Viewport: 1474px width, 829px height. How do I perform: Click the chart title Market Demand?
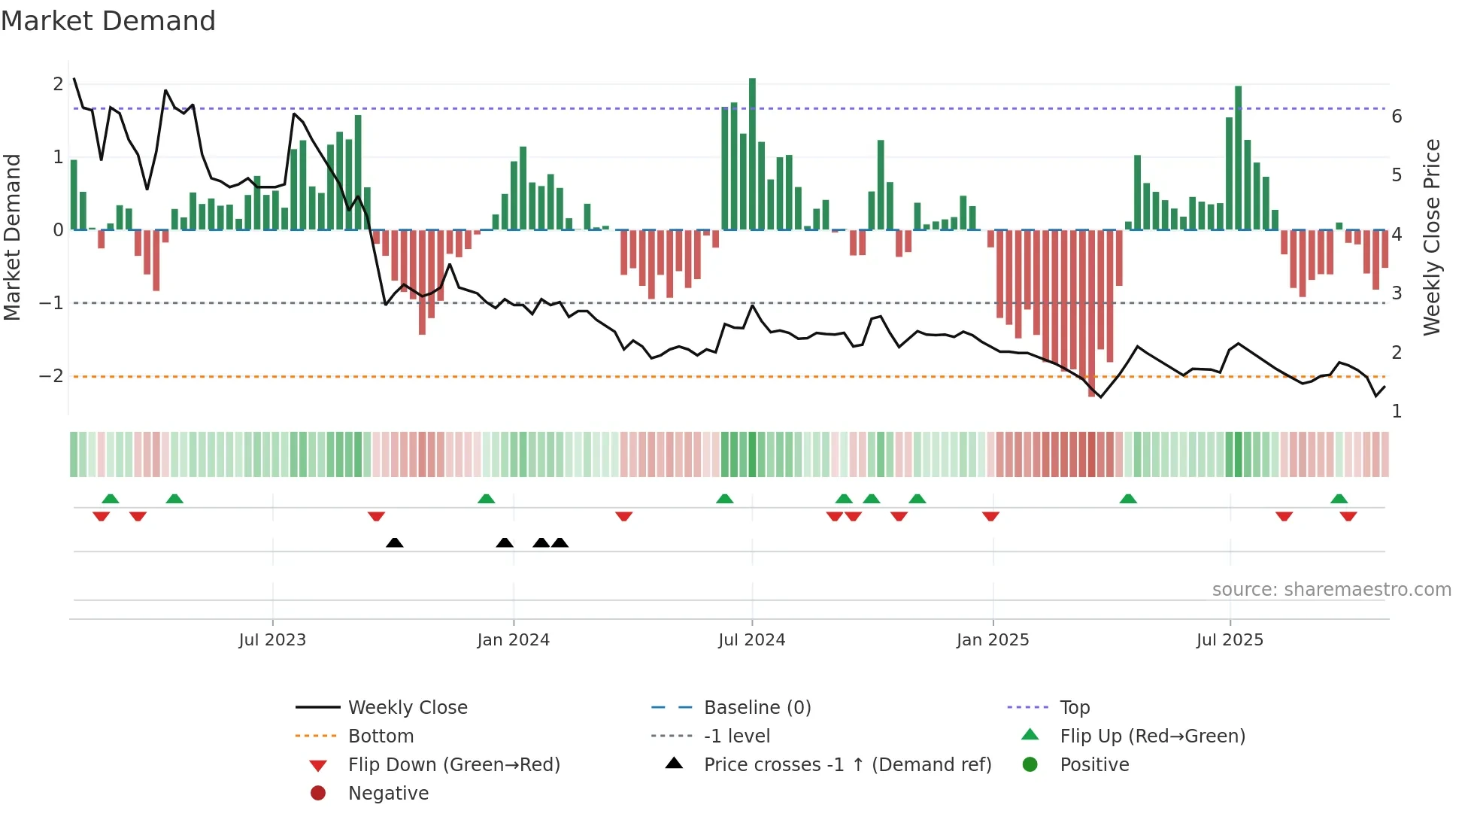[108, 21]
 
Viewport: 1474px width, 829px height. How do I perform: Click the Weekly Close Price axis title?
[1432, 237]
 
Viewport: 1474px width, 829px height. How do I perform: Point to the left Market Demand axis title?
[12, 237]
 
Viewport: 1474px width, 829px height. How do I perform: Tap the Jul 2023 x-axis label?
[272, 640]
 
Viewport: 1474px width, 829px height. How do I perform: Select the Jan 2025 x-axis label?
[993, 640]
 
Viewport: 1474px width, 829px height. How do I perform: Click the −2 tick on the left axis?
[51, 376]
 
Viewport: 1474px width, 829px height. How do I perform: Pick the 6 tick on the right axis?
[1397, 117]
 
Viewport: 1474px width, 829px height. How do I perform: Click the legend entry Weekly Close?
[407, 708]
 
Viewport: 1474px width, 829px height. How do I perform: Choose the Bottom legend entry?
[381, 736]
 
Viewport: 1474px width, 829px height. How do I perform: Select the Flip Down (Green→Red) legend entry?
[453, 765]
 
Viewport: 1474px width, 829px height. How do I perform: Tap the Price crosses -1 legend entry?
[847, 765]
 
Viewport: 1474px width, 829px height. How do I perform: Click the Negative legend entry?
[388, 794]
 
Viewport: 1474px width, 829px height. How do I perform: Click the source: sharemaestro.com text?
[1331, 590]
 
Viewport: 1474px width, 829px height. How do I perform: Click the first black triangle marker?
[394, 542]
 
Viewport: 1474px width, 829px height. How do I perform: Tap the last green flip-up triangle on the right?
[1339, 499]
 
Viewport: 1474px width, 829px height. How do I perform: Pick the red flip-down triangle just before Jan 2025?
[990, 516]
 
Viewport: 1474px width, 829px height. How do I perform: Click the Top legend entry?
[1074, 708]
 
